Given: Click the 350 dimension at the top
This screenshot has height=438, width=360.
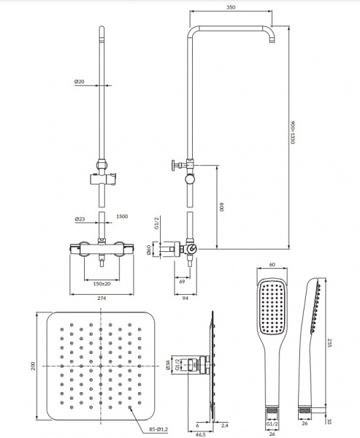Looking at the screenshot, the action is [231, 7].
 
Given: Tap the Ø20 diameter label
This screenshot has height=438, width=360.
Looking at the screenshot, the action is [79, 82].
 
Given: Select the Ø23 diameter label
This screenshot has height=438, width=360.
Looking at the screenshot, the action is [80, 219].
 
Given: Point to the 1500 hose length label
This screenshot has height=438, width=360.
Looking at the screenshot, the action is [122, 217].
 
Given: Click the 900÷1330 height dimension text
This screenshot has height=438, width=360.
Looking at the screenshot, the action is [292, 132].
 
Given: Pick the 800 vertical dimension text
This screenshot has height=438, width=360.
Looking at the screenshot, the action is [222, 207].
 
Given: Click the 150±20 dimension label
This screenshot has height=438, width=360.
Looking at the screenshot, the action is [102, 284].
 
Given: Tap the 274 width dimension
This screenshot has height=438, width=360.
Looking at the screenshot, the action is [102, 299].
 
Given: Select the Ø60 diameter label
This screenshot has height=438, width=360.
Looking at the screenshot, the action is [149, 250].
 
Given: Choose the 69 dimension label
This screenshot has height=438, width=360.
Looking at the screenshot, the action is [182, 282].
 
